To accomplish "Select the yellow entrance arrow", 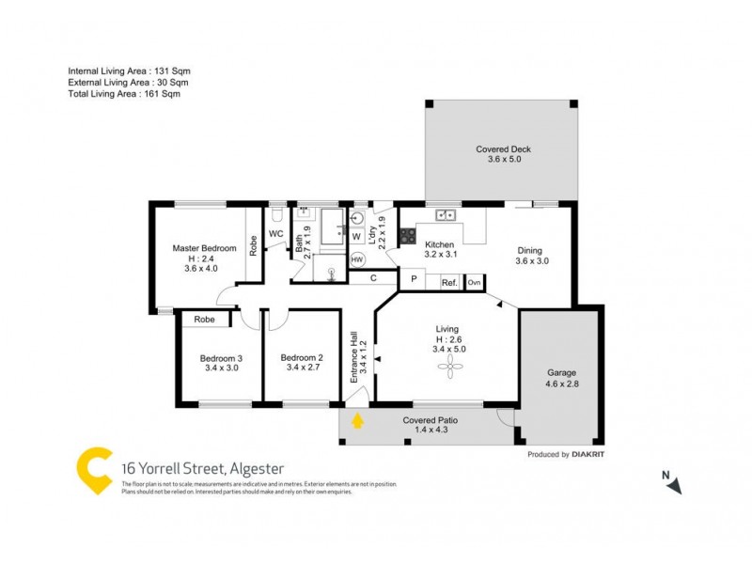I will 356,421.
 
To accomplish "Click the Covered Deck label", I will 503,149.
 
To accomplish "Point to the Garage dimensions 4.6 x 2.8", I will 562,384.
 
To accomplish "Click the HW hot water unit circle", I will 357,259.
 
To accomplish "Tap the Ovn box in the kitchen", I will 474,282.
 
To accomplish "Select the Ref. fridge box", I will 448,282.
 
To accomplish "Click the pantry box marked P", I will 413,280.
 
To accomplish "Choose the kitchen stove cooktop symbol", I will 409,237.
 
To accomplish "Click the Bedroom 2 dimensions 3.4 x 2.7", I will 302,368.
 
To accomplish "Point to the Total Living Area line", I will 123,94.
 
